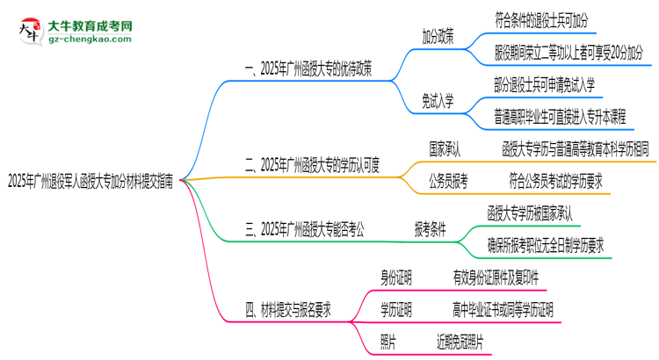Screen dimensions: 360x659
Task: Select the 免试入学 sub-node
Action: click(438, 101)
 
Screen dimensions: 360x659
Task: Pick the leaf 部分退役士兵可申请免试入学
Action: click(546, 84)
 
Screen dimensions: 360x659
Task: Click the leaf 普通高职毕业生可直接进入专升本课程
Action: click(561, 116)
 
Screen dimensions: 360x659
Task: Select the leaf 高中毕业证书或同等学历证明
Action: click(503, 309)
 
